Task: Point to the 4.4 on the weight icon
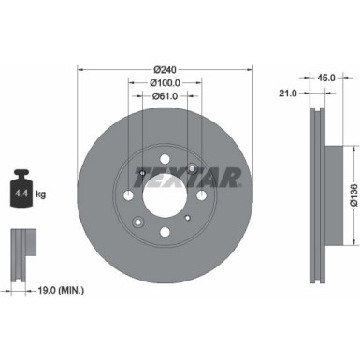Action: point(20,195)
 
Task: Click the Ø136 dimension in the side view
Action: point(353,194)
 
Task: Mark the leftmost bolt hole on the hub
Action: point(128,194)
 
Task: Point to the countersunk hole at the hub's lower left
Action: point(137,222)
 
